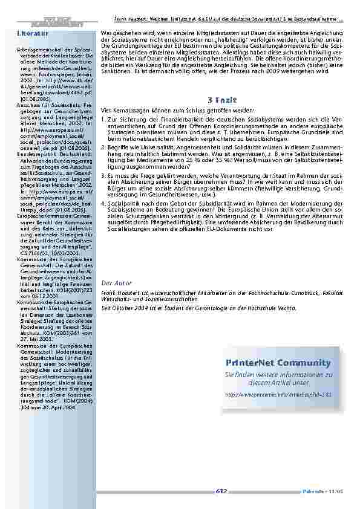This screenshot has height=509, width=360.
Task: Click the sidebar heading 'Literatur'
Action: (30, 33)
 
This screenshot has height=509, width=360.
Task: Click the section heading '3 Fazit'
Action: (221, 99)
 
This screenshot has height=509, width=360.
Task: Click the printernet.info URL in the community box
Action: (270, 394)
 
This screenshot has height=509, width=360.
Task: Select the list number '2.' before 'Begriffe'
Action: (104, 146)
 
